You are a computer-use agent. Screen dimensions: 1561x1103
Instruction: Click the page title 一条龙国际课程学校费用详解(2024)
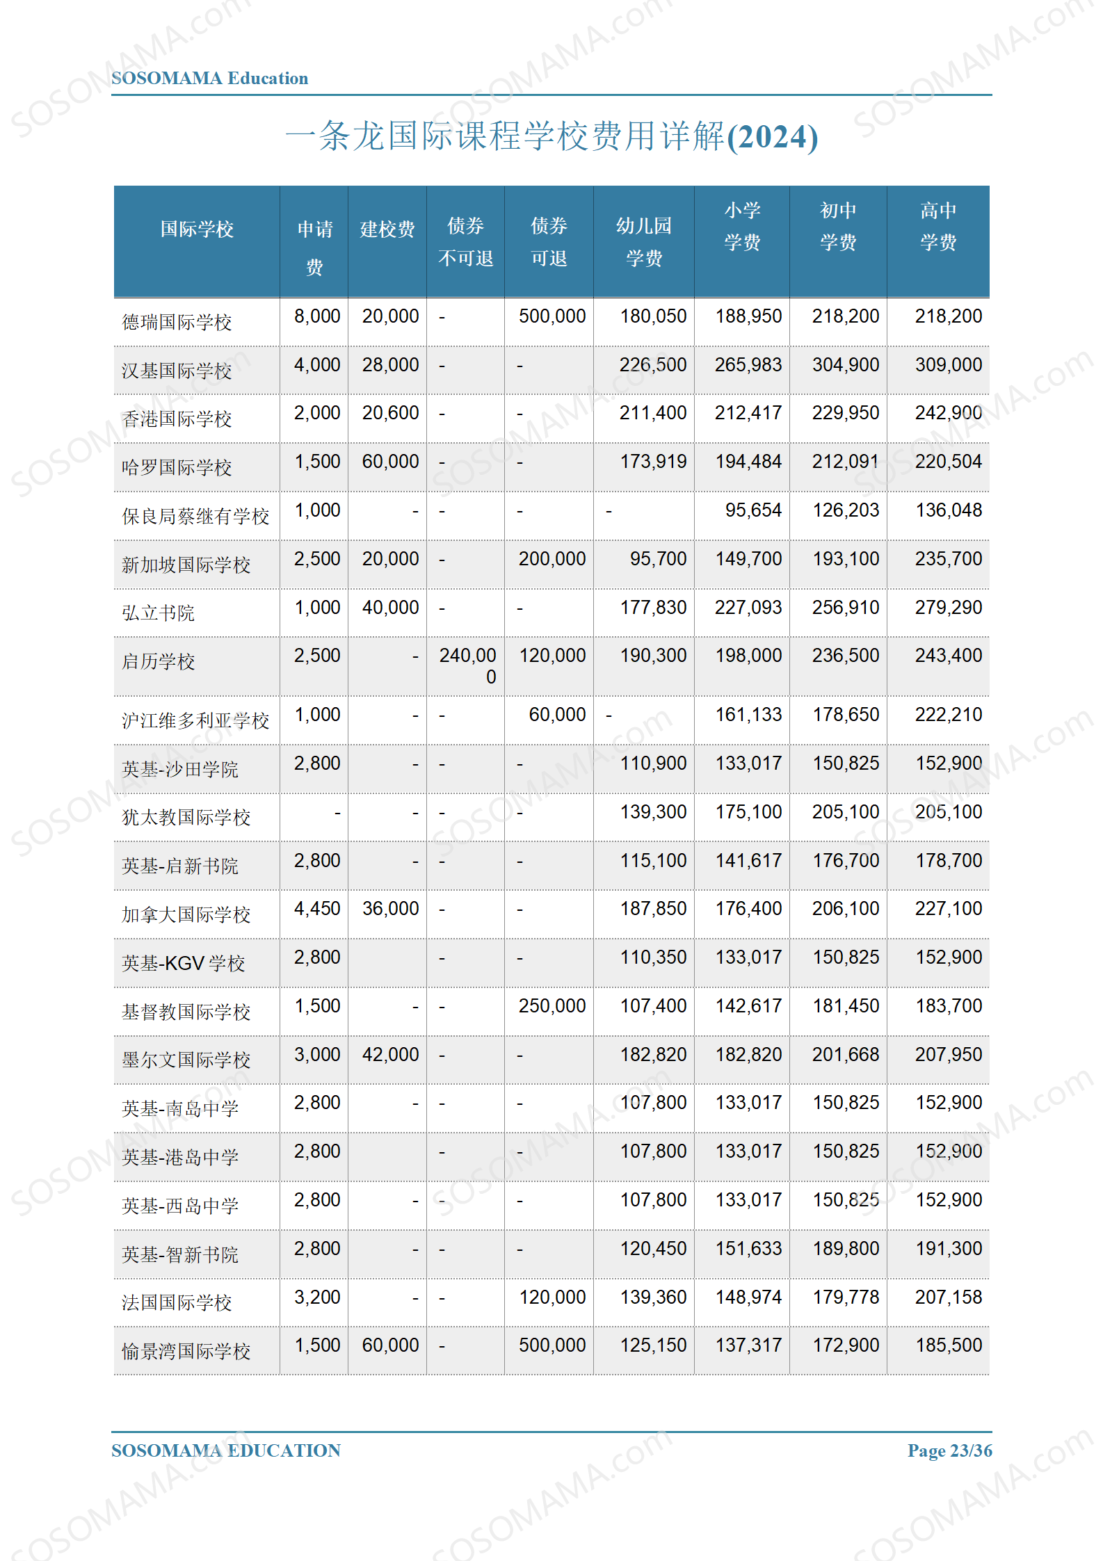coord(551,136)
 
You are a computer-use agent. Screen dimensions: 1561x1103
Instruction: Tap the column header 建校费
coord(387,229)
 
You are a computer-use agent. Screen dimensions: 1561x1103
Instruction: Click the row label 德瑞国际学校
coord(177,323)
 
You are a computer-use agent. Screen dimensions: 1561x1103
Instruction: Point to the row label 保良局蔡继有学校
coord(195,517)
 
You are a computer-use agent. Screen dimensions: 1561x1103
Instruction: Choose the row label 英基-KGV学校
coord(184,964)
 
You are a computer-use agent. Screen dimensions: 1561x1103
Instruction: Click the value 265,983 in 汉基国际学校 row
coord(748,365)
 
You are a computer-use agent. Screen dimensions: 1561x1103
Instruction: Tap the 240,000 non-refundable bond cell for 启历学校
coord(468,665)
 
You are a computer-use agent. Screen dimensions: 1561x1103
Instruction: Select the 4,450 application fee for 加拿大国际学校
coord(317,909)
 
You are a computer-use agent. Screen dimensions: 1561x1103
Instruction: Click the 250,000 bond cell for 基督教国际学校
coord(552,1006)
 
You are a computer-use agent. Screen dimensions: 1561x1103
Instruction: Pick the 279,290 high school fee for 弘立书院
coord(948,608)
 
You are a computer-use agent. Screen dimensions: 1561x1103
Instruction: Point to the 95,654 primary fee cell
coord(753,510)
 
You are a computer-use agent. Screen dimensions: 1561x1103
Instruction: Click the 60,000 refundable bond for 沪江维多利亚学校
coord(557,715)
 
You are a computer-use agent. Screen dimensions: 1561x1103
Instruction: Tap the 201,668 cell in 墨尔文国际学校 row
coord(846,1055)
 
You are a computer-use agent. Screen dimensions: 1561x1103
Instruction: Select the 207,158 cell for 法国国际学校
coord(948,1297)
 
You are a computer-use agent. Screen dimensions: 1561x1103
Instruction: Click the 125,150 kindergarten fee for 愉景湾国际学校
coord(653,1345)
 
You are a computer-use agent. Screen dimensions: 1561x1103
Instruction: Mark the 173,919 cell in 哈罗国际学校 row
coord(653,462)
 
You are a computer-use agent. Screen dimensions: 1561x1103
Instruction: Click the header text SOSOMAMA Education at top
coord(209,79)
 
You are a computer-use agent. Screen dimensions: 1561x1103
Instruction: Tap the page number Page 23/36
coord(949,1451)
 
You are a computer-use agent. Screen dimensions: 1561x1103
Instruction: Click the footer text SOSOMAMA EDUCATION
coord(226,1451)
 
